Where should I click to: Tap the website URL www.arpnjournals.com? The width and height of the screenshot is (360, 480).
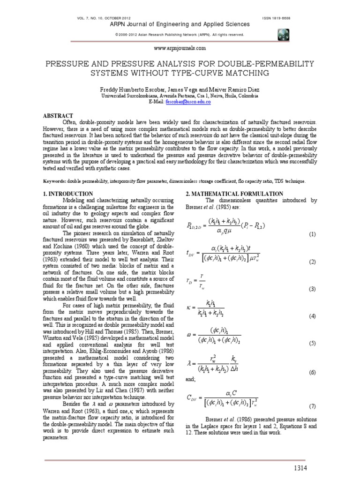pyautogui.click(x=180, y=48)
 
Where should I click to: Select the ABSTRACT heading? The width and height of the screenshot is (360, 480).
pyautogui.click(x=56, y=115)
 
